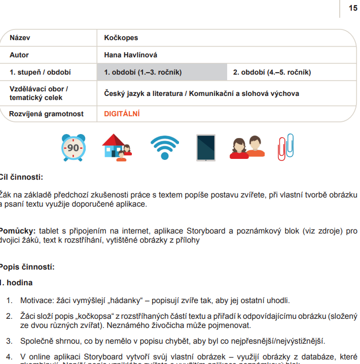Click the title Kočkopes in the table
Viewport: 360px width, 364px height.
point(121,38)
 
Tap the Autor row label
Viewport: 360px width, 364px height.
point(19,55)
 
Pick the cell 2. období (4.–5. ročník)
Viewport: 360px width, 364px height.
point(272,72)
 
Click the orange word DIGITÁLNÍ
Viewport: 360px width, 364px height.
point(122,114)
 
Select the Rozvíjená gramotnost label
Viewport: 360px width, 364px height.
point(46,114)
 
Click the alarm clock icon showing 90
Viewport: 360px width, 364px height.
point(73,148)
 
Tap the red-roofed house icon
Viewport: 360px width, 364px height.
point(117,147)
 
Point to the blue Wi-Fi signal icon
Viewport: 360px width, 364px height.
point(164,148)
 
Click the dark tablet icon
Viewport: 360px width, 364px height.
point(206,148)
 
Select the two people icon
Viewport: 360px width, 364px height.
point(247,148)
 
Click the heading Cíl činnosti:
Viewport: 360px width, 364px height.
point(21,177)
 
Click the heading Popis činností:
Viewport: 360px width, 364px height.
point(27,267)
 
